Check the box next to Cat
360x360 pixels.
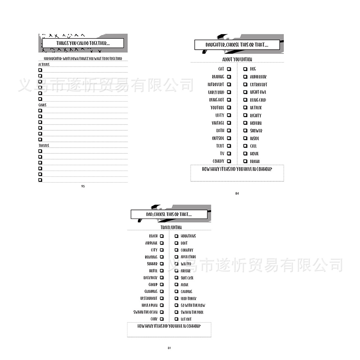click(x=229, y=69)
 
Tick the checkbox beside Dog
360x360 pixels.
click(x=245, y=69)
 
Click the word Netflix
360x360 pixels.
click(x=256, y=108)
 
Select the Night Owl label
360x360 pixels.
click(x=258, y=92)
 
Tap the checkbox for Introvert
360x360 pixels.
click(x=229, y=85)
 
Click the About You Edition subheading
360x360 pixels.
click(x=237, y=59)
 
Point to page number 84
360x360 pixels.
click(x=237, y=194)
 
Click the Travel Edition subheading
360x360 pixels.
click(x=171, y=228)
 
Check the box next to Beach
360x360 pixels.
click(x=162, y=236)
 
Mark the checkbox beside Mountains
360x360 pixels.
click(x=176, y=236)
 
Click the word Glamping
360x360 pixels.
click(x=151, y=292)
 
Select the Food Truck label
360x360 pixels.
click(x=189, y=298)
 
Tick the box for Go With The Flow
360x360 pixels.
click(x=176, y=305)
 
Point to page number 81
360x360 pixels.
click(x=169, y=348)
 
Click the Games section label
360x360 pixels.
click(x=42, y=105)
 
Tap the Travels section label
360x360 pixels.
click(x=44, y=146)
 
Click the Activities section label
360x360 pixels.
click(x=44, y=65)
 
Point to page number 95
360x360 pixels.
click(x=83, y=186)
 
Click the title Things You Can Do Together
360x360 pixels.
click(x=83, y=44)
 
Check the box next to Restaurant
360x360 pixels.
click(x=162, y=298)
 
